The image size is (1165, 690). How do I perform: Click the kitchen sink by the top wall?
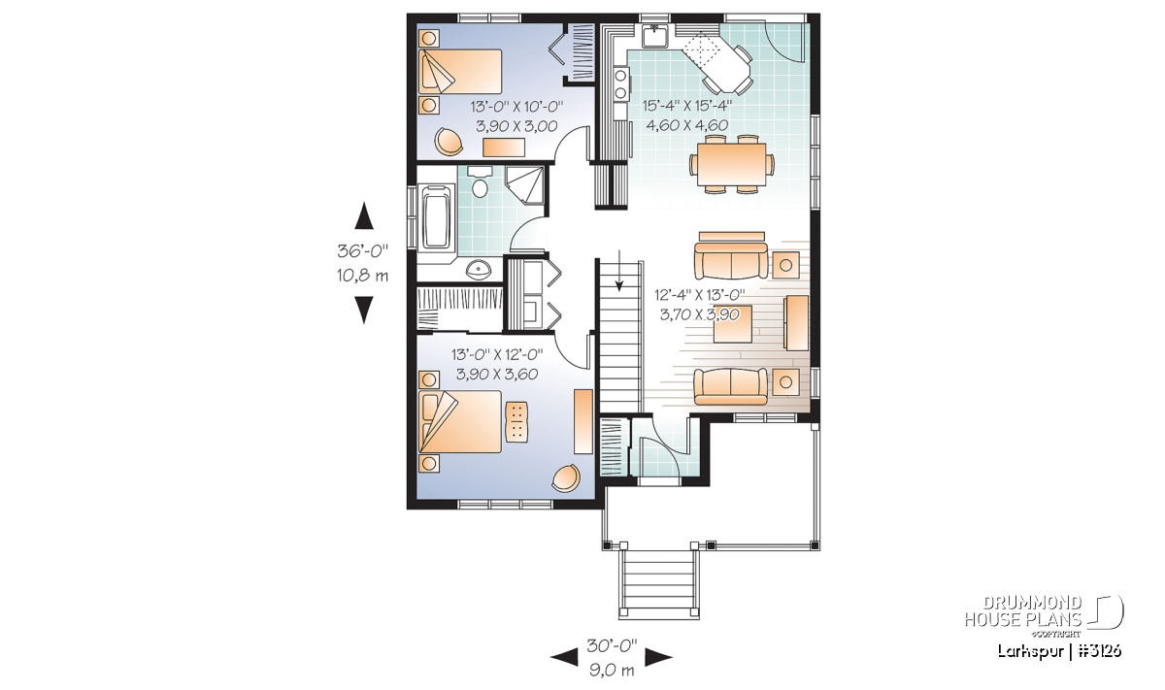pos(654,36)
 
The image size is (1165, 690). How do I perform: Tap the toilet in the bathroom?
pos(480,182)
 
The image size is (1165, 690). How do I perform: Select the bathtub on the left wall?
pos(436,216)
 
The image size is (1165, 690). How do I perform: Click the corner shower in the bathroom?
pos(524,185)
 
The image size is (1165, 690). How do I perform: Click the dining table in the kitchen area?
pos(731,164)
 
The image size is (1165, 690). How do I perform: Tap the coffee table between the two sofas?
pos(732,324)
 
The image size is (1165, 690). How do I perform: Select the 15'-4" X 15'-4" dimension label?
pos(687,106)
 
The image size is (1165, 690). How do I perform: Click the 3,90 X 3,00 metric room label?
pos(516,126)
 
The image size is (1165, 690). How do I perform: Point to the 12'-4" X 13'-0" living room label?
pos(700,295)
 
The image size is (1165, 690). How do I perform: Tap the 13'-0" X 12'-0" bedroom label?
pos(497,354)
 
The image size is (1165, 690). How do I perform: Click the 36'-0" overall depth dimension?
pos(363,251)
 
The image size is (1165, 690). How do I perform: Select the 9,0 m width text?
pos(612,671)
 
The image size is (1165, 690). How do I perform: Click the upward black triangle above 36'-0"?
pos(364,215)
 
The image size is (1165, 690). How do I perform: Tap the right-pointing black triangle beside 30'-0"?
pos(658,657)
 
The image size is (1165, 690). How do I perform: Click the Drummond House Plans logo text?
pos(1023,611)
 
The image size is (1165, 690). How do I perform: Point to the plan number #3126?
pos(1099,651)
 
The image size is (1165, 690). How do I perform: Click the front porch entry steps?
pos(658,584)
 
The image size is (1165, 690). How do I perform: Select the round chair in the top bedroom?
pos(449,142)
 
